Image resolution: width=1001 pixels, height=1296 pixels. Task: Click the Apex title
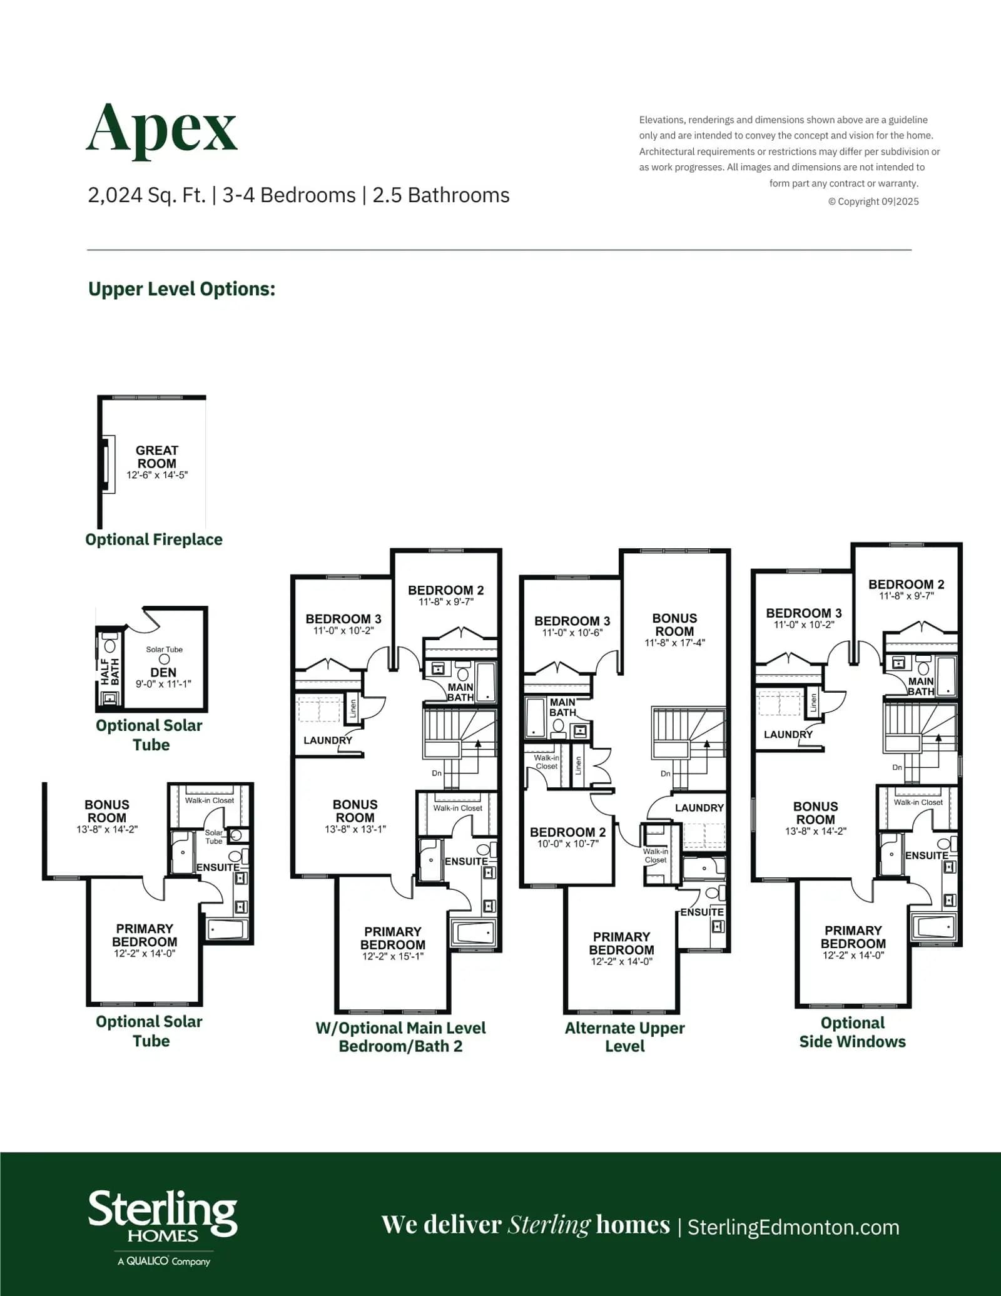pyautogui.click(x=161, y=129)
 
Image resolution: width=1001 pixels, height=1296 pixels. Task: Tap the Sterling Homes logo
pyautogui.click(x=163, y=1228)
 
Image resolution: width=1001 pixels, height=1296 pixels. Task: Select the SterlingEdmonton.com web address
pyautogui.click(x=793, y=1228)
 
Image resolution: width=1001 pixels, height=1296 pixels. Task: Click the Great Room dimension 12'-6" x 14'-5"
pyautogui.click(x=157, y=475)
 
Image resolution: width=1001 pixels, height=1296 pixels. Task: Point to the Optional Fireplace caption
pyautogui.click(x=154, y=539)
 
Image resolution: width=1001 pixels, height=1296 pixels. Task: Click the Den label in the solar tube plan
pyautogui.click(x=163, y=672)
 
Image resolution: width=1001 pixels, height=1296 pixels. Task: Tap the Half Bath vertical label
pyautogui.click(x=110, y=671)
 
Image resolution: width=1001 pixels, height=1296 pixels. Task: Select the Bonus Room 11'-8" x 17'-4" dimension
pyautogui.click(x=675, y=643)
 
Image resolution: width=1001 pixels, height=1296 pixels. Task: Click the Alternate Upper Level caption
pyautogui.click(x=625, y=1037)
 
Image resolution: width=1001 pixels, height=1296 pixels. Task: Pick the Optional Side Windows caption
pyautogui.click(x=853, y=1033)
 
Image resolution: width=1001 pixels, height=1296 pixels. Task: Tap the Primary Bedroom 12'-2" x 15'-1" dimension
pyautogui.click(x=393, y=956)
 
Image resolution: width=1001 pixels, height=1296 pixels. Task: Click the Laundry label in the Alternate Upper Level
pyautogui.click(x=699, y=808)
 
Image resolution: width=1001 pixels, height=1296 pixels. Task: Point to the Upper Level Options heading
pyautogui.click(x=181, y=289)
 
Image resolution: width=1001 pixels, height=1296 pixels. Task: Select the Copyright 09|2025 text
pyautogui.click(x=874, y=202)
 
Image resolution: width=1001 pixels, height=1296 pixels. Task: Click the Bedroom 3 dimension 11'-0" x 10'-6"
pyautogui.click(x=572, y=633)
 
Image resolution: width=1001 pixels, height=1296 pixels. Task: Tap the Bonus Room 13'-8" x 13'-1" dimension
pyautogui.click(x=355, y=829)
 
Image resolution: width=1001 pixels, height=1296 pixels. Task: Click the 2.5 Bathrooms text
pyautogui.click(x=441, y=195)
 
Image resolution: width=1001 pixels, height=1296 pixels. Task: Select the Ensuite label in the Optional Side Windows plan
pyautogui.click(x=927, y=855)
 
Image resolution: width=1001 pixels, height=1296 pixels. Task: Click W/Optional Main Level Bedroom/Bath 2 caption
pyautogui.click(x=400, y=1037)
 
